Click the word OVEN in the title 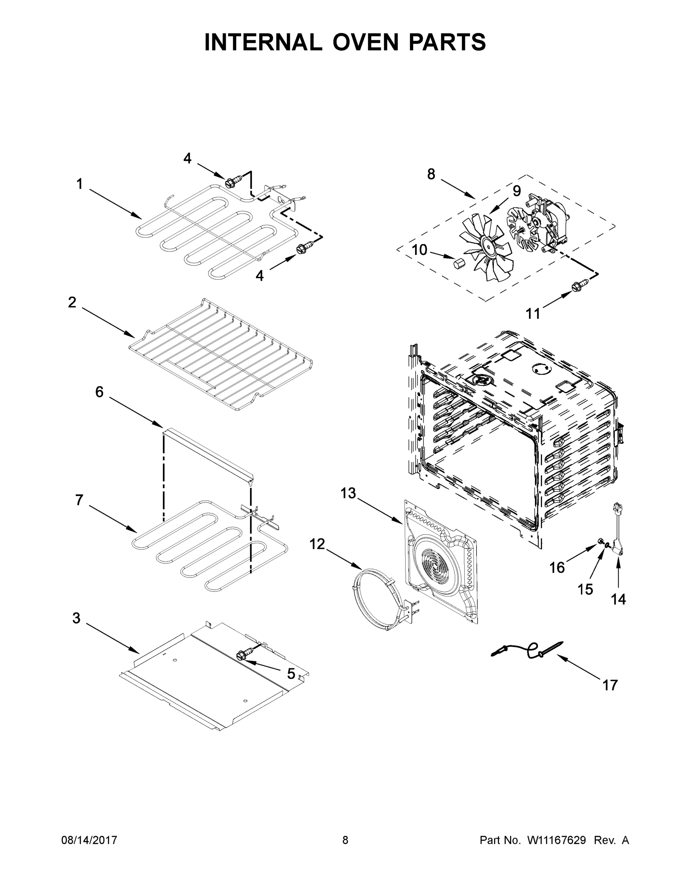(x=365, y=42)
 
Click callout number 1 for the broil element (x=80, y=185)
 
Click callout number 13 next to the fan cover (x=348, y=493)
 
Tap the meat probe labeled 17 (x=527, y=650)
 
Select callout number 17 (x=610, y=685)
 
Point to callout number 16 (x=557, y=567)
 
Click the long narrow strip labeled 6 (x=208, y=452)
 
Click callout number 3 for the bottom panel (x=77, y=618)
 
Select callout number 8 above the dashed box (x=431, y=174)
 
